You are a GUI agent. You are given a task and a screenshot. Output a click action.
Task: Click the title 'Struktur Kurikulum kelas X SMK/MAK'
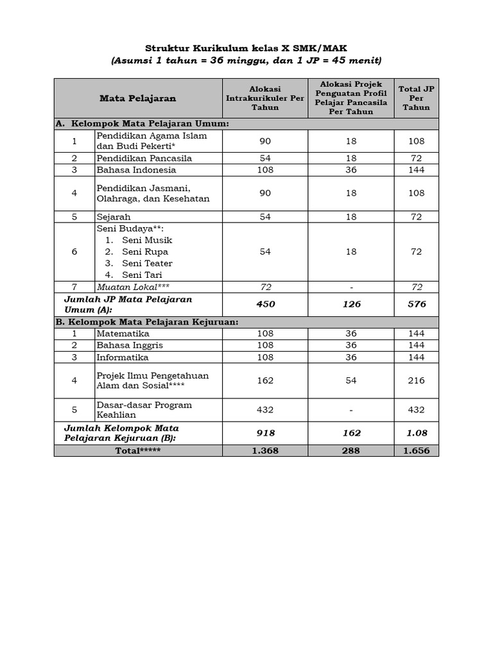click(246, 48)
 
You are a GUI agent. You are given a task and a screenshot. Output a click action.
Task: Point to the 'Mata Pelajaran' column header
click(137, 98)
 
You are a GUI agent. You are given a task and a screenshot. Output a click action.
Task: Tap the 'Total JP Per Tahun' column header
click(416, 98)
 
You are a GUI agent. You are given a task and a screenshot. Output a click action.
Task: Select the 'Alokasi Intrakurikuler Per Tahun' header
click(265, 98)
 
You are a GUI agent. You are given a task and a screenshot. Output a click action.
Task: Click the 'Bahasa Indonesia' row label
click(136, 170)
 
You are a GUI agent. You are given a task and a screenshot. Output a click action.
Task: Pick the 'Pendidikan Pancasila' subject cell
click(144, 158)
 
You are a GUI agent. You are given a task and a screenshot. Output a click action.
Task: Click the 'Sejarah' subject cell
click(114, 217)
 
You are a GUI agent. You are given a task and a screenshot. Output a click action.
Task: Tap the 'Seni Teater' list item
click(147, 263)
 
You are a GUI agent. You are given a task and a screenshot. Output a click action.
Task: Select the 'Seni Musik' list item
click(147, 240)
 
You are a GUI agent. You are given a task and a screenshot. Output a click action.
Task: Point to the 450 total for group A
click(265, 304)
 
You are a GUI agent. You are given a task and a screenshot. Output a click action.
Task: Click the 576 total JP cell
click(416, 304)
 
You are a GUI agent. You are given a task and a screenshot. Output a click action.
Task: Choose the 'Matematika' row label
click(123, 334)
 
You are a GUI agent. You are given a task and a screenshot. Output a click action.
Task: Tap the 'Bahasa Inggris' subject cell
click(130, 345)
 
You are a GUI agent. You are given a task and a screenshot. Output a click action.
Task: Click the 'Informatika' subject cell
click(123, 357)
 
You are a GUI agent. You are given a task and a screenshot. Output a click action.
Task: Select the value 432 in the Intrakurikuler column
click(265, 409)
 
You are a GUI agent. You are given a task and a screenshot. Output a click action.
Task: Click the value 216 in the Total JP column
click(416, 380)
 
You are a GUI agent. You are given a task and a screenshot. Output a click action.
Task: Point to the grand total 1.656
click(416, 450)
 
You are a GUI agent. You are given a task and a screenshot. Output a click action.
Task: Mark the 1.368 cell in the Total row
click(265, 450)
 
